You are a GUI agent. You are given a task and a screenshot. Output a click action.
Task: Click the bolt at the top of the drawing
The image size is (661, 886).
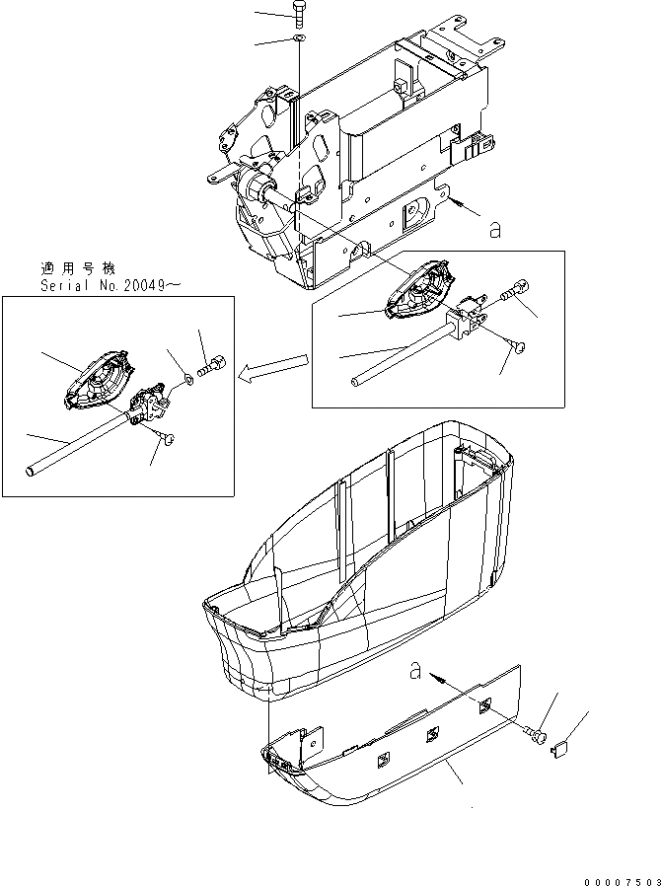(298, 16)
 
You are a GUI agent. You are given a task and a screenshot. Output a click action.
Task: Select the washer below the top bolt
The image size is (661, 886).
(298, 39)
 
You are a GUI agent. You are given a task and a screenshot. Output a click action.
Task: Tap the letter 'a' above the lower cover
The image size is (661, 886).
(416, 672)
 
